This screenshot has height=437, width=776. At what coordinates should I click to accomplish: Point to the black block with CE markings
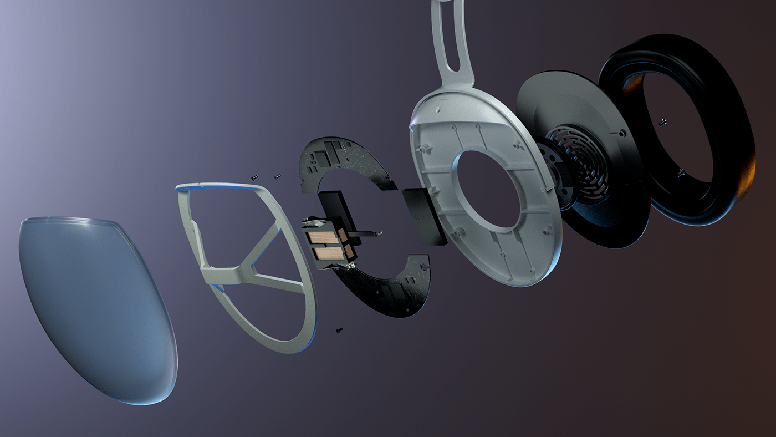click(x=424, y=216)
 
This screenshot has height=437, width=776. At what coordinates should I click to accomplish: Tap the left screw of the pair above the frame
click(x=254, y=177)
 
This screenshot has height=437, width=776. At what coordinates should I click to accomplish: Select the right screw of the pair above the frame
click(x=277, y=176)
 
